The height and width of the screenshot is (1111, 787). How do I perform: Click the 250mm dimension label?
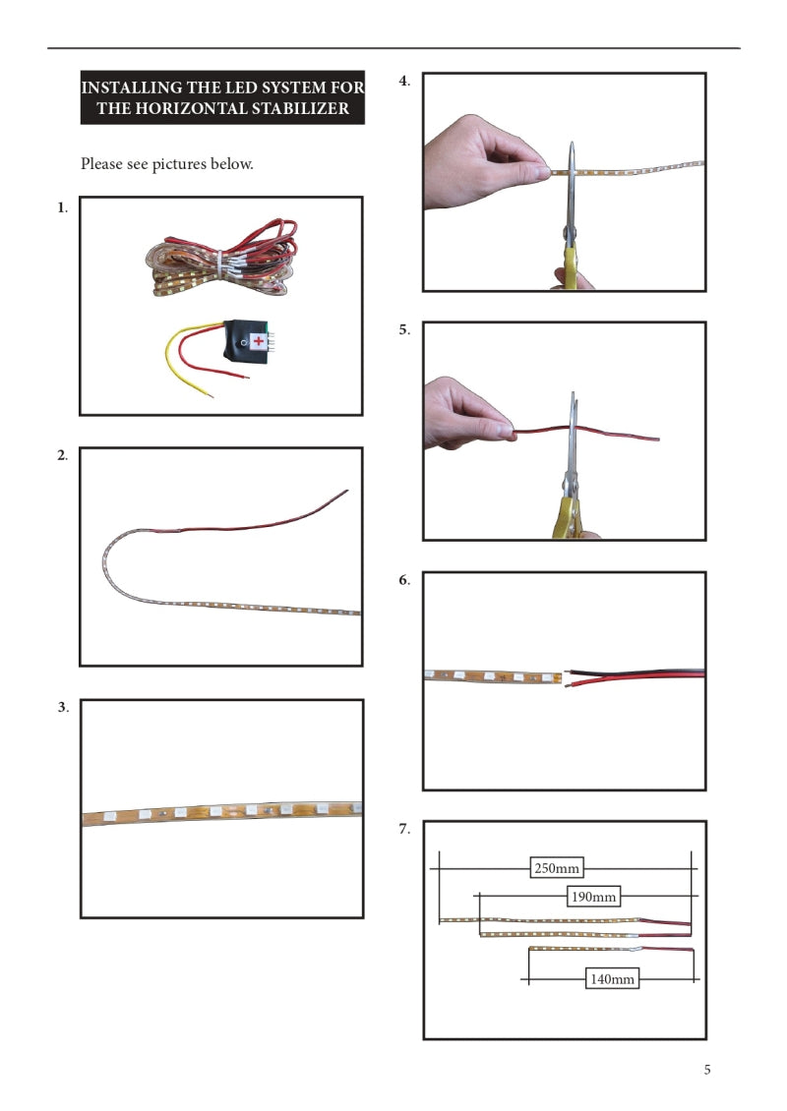point(557,868)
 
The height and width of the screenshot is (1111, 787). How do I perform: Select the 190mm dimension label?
point(593,897)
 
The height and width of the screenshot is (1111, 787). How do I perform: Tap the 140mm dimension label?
point(612,978)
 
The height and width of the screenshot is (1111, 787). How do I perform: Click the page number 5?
point(707,1070)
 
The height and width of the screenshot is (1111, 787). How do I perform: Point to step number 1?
point(62,207)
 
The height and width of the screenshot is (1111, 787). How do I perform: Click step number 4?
point(404,81)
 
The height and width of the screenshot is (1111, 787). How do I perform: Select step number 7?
point(404,829)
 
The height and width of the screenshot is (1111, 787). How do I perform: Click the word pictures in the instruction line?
point(180,164)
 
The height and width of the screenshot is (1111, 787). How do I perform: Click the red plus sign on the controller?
point(259,341)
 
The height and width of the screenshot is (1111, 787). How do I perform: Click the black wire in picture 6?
point(635,671)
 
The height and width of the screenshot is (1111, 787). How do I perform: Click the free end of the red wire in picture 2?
point(346,491)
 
